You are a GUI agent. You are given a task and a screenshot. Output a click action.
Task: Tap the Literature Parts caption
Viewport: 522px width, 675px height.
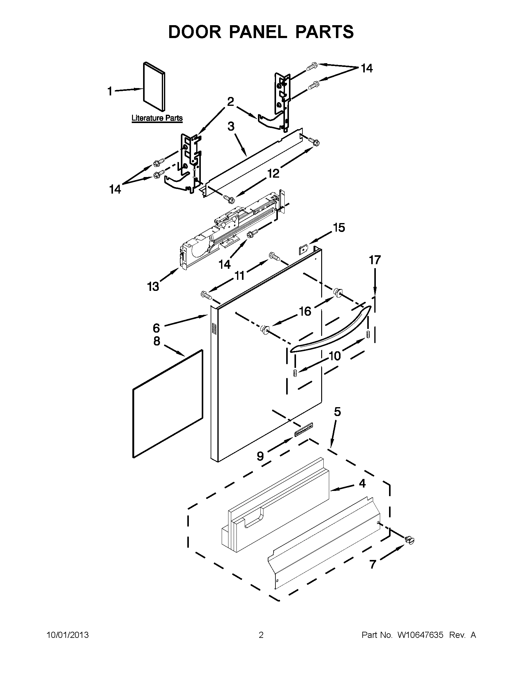pyautogui.click(x=157, y=118)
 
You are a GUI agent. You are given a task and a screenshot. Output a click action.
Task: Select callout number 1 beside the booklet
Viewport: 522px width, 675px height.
pyautogui.click(x=110, y=91)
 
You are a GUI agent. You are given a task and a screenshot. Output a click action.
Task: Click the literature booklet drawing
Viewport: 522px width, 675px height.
pyautogui.click(x=154, y=87)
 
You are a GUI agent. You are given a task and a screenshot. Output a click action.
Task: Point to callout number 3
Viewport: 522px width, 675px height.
pyautogui.click(x=231, y=126)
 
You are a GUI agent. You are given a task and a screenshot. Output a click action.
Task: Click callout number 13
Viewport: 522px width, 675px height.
pyautogui.click(x=153, y=287)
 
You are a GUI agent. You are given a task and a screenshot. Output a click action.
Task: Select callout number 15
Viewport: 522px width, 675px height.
pyautogui.click(x=339, y=228)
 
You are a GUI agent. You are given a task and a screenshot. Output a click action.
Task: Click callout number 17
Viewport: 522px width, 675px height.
pyautogui.click(x=375, y=260)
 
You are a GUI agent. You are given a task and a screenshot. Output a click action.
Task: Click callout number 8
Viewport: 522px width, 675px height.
pyautogui.click(x=157, y=341)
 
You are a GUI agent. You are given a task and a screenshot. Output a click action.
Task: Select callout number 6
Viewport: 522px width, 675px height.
pyautogui.click(x=157, y=328)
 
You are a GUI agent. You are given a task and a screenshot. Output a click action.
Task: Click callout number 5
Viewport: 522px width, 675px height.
pyautogui.click(x=337, y=412)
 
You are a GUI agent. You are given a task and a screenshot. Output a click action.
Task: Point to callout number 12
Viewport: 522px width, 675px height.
pyautogui.click(x=273, y=173)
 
